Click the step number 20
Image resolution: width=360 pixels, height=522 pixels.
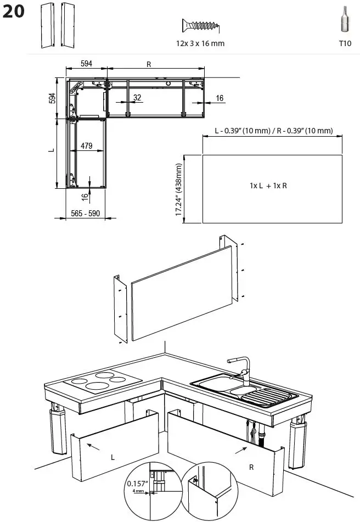pyautogui.click(x=14, y=12)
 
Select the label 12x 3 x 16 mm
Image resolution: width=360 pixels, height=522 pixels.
pyautogui.click(x=200, y=43)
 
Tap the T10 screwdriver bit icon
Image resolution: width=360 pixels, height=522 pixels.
pyautogui.click(x=344, y=21)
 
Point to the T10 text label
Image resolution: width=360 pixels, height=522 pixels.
pyautogui.click(x=345, y=43)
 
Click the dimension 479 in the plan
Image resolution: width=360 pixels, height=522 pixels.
pyautogui.click(x=86, y=146)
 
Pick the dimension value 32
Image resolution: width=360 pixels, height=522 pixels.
pyautogui.click(x=137, y=98)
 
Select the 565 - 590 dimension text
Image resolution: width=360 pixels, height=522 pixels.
pyautogui.click(x=86, y=213)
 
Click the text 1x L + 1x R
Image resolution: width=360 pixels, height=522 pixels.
pyautogui.click(x=268, y=186)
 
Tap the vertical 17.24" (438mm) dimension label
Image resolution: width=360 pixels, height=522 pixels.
pyautogui.click(x=179, y=189)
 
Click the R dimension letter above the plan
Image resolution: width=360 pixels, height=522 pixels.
pyautogui.click(x=149, y=64)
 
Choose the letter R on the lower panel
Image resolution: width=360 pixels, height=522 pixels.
pyautogui.click(x=251, y=467)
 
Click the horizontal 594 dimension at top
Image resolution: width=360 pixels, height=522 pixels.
pyautogui.click(x=86, y=64)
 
